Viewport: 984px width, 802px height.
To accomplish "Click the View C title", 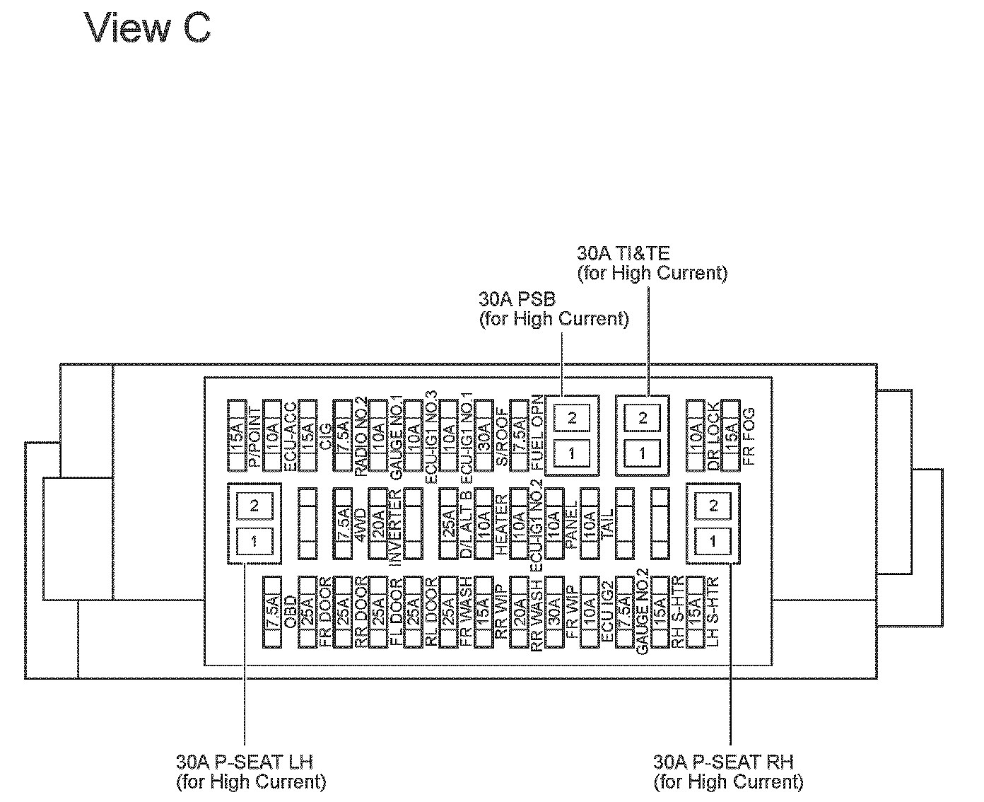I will [x=148, y=29].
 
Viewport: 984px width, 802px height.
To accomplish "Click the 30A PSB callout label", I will [x=553, y=310].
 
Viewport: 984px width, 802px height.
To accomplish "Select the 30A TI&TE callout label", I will [x=652, y=263].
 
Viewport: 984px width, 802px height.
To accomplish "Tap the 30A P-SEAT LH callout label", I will [x=251, y=771].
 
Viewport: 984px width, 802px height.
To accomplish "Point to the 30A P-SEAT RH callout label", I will [x=728, y=771].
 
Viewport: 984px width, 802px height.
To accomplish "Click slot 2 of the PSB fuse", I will [x=572, y=418].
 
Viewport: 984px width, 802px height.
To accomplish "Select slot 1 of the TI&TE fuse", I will [x=642, y=453].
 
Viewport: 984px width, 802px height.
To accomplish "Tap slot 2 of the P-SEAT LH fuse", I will [x=254, y=506].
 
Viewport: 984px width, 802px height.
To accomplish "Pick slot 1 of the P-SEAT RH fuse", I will [x=713, y=541].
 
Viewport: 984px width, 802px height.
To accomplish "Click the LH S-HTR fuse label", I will [x=713, y=612].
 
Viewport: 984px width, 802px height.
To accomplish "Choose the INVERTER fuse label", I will [x=396, y=525].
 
